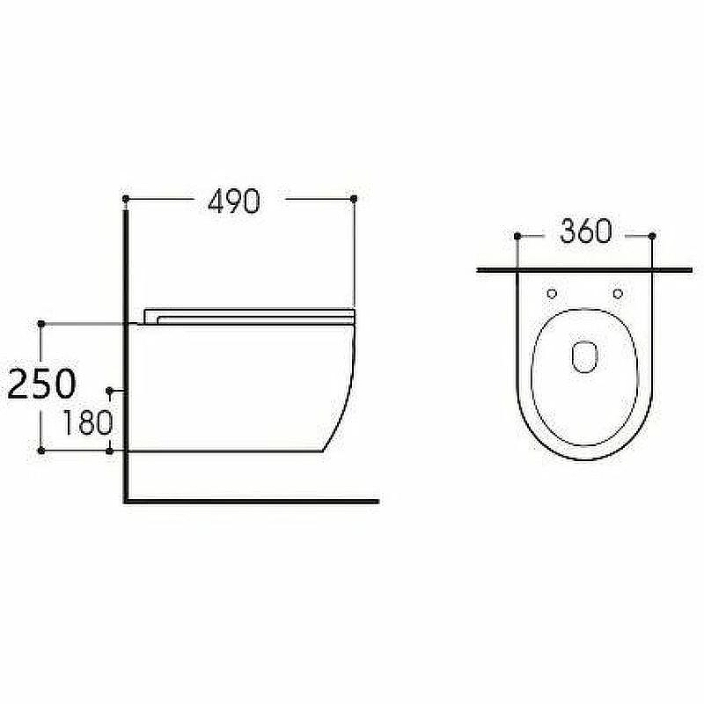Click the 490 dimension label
tap(234, 201)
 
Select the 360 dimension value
tap(586, 231)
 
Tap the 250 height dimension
tap(41, 384)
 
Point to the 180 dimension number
tap(87, 422)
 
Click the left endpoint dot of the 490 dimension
tap(126, 199)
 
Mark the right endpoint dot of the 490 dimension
tap(354, 199)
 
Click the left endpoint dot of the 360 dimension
tap(517, 236)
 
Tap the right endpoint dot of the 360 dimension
tap(652, 236)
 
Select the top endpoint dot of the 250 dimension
tap(41, 324)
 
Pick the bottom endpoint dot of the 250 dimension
tap(41, 451)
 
